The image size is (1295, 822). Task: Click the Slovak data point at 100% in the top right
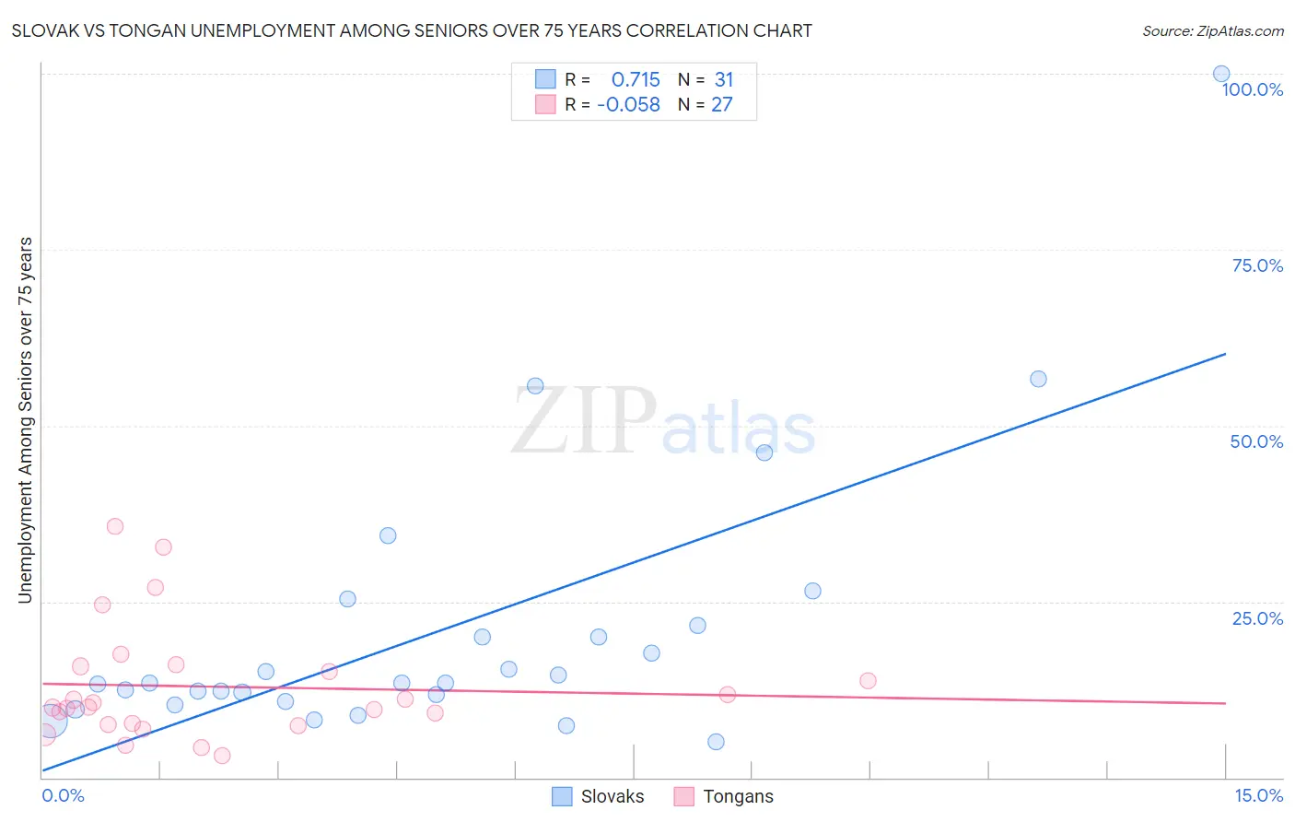[x=1221, y=74]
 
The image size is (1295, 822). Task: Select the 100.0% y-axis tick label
[x=1252, y=89]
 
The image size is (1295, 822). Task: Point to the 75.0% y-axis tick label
[x=1257, y=265]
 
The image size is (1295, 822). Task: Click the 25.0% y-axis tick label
[x=1257, y=618]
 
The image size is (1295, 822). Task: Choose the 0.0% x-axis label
[x=63, y=795]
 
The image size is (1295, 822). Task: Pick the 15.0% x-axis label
[x=1258, y=795]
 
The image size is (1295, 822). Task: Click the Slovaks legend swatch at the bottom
[x=562, y=796]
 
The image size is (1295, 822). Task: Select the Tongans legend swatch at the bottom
[x=683, y=796]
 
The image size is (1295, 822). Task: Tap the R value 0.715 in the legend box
[x=636, y=79]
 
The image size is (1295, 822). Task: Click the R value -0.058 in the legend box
[x=628, y=104]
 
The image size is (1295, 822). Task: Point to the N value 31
[x=724, y=79]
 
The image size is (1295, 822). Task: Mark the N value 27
[x=722, y=104]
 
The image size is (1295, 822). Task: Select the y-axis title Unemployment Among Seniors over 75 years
[x=25, y=420]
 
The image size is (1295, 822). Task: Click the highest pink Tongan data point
[x=115, y=526]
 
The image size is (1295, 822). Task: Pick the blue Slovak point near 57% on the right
[x=1038, y=379]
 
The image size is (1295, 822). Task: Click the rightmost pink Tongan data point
[x=868, y=681]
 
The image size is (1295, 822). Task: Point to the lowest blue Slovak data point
[x=716, y=742]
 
